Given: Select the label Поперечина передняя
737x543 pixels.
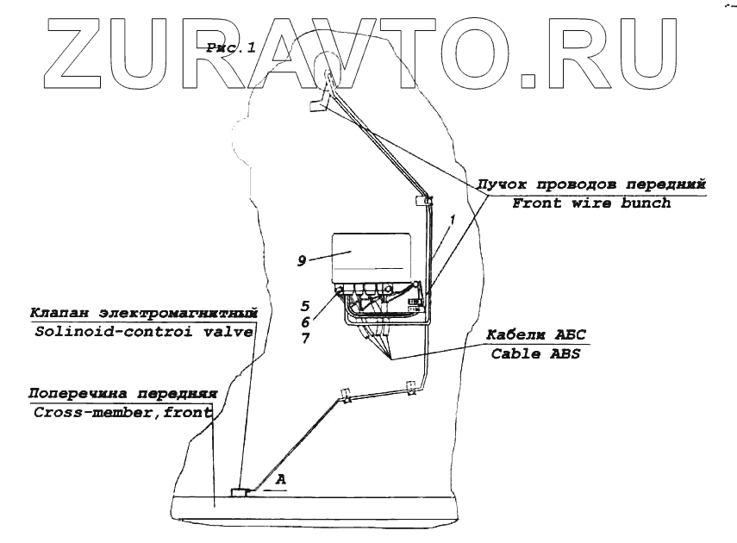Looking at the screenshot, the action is coord(120,393).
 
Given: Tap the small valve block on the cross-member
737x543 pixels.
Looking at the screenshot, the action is coord(239,491).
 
